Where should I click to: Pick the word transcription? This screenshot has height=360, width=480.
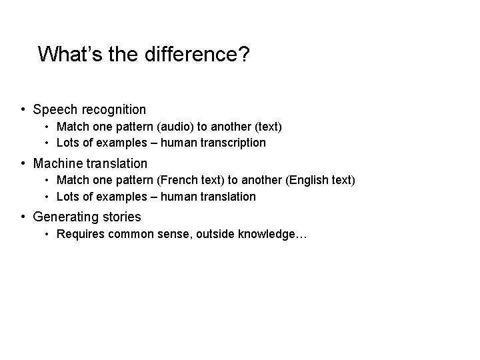click(x=233, y=143)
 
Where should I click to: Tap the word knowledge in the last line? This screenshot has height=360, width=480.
click(x=271, y=234)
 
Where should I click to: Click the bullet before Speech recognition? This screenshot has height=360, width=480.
click(x=23, y=109)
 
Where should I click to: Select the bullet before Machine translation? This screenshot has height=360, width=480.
click(x=23, y=163)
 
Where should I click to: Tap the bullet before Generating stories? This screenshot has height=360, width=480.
click(x=23, y=217)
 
